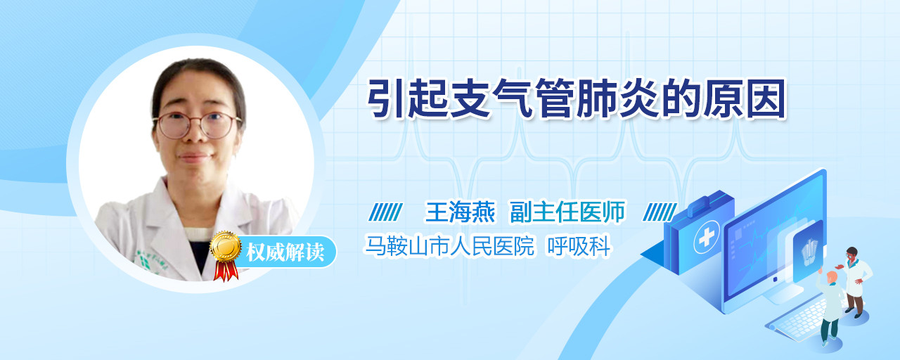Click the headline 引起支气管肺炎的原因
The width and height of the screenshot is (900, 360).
pos(577,99)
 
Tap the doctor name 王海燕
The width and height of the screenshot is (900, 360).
pos(460,212)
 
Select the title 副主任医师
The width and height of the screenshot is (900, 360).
pos(567,212)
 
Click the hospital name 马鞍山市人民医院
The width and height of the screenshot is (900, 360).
pos(449,245)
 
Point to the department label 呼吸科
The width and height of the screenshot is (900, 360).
pos(579,245)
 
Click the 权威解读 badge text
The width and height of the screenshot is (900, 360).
pos(285,252)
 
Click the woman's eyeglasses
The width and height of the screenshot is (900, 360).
pos(197,125)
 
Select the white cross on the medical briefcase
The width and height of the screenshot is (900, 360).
pos(707,237)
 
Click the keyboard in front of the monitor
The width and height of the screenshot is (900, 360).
pos(797,320)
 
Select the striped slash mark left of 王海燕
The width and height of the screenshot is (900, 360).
pos(386,212)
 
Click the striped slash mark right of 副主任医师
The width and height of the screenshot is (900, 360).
pos(660,212)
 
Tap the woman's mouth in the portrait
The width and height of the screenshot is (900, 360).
pos(193,156)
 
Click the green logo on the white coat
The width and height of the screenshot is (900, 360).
pos(143,262)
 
